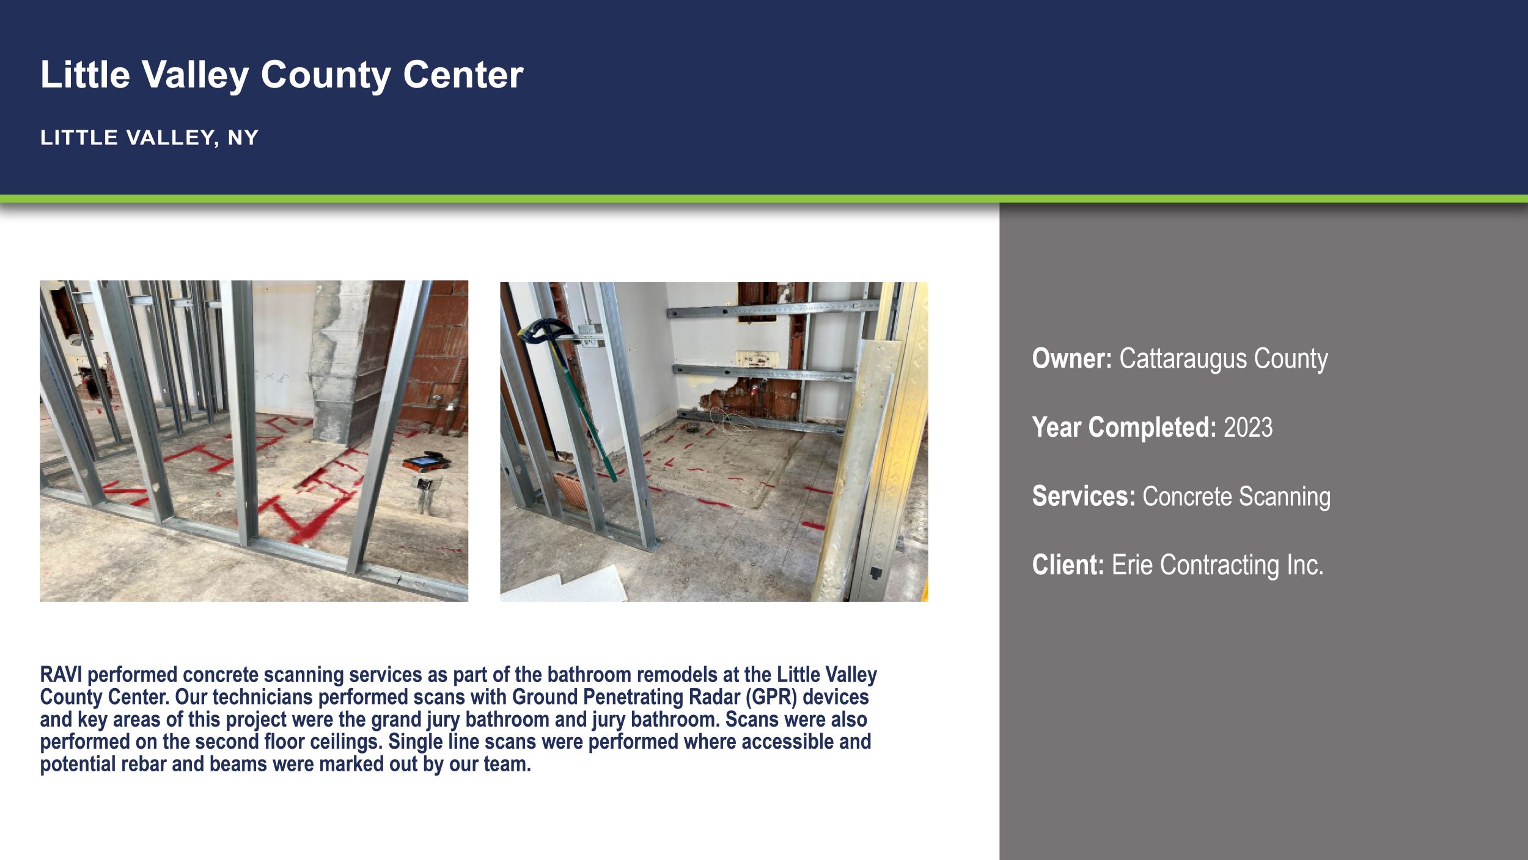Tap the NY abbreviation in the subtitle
(x=243, y=138)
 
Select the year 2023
(x=1247, y=427)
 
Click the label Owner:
(x=1071, y=358)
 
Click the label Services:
(x=1083, y=496)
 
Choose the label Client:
(x=1068, y=565)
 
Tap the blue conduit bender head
(x=540, y=330)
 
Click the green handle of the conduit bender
(x=587, y=416)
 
